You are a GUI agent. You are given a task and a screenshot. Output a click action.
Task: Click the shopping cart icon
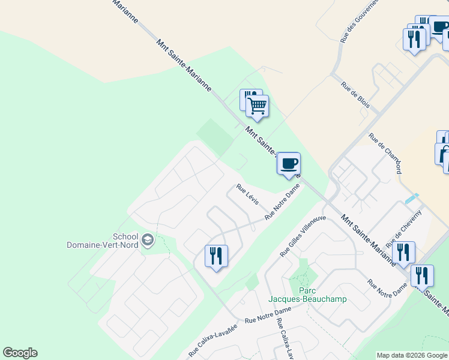(x=258, y=106)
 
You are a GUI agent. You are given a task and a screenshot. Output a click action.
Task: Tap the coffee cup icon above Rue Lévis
(x=289, y=163)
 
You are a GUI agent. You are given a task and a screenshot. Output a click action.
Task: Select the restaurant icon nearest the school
(x=214, y=256)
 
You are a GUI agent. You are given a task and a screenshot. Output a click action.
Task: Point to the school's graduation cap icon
(x=147, y=241)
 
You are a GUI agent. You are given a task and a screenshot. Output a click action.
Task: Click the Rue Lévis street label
(x=247, y=194)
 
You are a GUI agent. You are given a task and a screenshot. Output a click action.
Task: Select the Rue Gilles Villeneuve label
(x=303, y=236)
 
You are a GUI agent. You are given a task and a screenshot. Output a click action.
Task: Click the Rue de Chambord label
(x=385, y=154)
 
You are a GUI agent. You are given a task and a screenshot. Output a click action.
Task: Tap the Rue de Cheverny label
(x=408, y=229)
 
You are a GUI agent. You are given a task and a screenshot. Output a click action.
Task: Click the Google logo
(x=20, y=353)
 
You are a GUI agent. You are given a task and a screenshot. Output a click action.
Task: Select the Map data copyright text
(x=412, y=355)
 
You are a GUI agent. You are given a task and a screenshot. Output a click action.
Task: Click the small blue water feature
(x=411, y=198)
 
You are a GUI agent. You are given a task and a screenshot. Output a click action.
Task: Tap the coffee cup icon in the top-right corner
(x=440, y=27)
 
